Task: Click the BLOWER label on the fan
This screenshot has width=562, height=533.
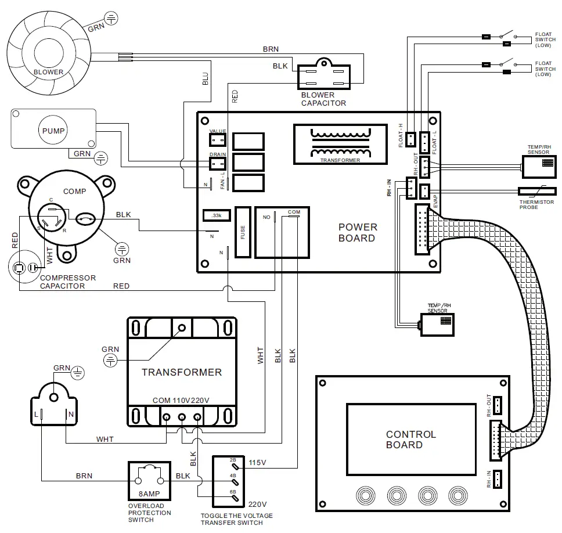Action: tap(49, 73)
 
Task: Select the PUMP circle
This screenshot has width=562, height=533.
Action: tap(53, 131)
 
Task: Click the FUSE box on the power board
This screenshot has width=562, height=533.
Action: tap(243, 232)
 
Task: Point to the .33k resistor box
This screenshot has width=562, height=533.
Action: tap(217, 215)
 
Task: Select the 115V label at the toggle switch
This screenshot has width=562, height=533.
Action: tap(258, 463)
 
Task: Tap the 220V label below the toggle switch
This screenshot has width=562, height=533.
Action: tap(258, 504)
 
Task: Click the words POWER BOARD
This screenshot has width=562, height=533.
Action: tap(357, 232)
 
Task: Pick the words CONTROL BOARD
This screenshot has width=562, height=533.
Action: tap(410, 440)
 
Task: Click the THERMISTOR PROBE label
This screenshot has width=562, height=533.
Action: tap(536, 204)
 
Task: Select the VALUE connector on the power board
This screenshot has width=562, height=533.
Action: tap(217, 140)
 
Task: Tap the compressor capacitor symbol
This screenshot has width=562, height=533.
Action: tap(23, 268)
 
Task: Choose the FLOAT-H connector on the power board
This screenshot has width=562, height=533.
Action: tap(410, 139)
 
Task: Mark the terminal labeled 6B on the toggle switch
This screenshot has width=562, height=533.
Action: tap(233, 492)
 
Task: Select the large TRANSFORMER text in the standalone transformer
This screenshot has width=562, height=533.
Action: tap(181, 372)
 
